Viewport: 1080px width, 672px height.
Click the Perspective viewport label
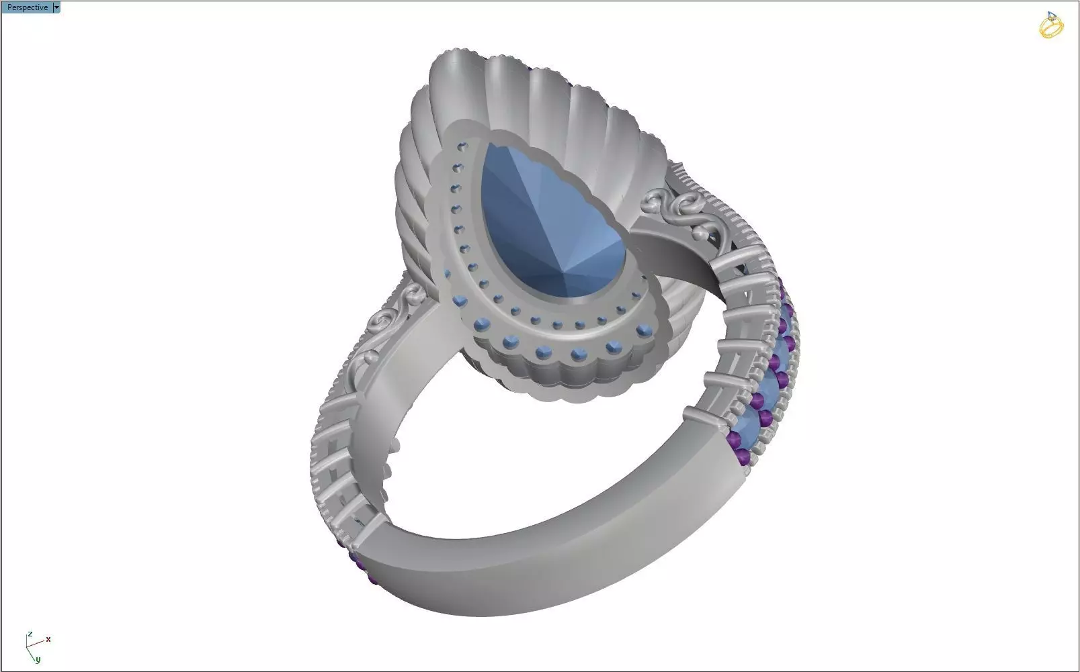click(27, 7)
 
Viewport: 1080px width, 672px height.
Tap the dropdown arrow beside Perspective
click(56, 7)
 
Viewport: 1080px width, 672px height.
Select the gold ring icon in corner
click(1050, 26)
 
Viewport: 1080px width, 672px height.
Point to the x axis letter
click(48, 639)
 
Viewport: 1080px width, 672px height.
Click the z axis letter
click(30, 634)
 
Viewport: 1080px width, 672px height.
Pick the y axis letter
click(38, 659)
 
